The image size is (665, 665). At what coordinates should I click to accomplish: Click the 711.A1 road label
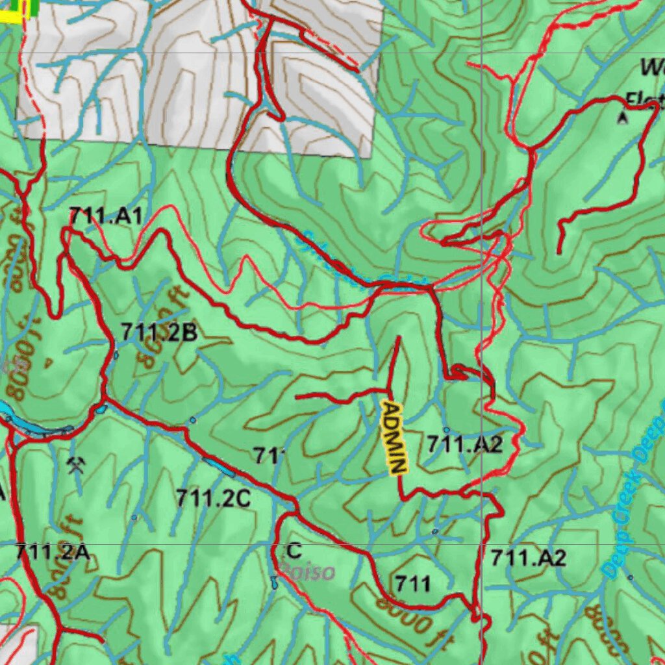point(105,217)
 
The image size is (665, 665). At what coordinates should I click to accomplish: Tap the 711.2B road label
point(158,332)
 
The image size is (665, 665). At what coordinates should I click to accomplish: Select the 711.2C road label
point(213,498)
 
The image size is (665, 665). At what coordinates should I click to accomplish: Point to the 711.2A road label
point(52,552)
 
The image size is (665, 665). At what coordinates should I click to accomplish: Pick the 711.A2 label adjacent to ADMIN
point(465,444)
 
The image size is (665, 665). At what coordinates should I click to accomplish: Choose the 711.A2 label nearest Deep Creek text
point(528,557)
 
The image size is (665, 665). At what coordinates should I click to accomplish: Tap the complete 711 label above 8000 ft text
point(412,583)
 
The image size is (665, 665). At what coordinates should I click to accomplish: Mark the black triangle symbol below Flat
point(623,118)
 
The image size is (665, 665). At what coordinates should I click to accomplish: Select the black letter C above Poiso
point(294,551)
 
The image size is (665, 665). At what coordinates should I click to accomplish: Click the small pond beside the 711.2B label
point(116,355)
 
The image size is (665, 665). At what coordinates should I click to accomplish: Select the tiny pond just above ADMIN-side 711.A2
point(446,430)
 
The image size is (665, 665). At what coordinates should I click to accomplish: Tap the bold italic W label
point(651,67)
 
